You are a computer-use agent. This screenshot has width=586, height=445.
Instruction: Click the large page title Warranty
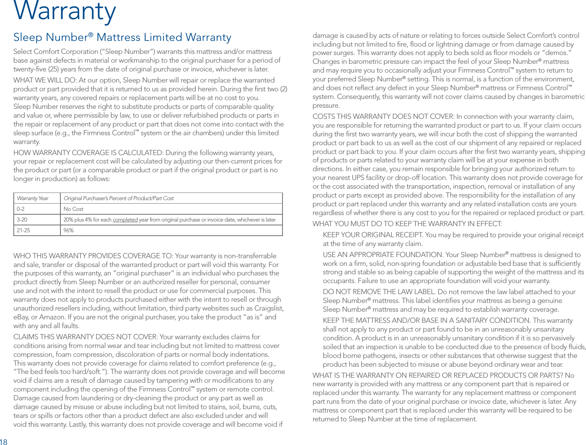65,11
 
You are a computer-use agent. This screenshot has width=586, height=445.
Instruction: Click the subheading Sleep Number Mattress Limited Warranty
122,37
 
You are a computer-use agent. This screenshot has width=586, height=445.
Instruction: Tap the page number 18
3,442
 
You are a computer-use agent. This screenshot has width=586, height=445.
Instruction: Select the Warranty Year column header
32,198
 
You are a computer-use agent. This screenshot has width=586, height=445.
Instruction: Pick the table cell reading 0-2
21,209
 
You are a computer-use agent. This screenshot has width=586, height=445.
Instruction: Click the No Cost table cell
73,209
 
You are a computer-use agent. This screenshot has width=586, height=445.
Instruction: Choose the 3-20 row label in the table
22,220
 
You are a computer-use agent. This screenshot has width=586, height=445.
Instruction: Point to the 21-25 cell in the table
23,230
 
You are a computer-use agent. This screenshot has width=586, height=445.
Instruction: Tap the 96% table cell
68,230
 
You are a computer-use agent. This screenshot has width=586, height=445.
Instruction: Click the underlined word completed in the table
125,220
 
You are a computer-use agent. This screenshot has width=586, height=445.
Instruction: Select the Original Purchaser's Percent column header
118,198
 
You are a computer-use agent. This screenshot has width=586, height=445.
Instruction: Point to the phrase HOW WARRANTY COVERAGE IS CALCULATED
88,153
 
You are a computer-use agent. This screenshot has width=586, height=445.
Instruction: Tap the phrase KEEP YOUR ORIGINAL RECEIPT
373,235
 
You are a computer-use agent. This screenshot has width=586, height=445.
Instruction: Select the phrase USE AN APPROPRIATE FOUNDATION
383,255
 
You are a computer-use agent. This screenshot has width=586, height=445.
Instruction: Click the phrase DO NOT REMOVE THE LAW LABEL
379,292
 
